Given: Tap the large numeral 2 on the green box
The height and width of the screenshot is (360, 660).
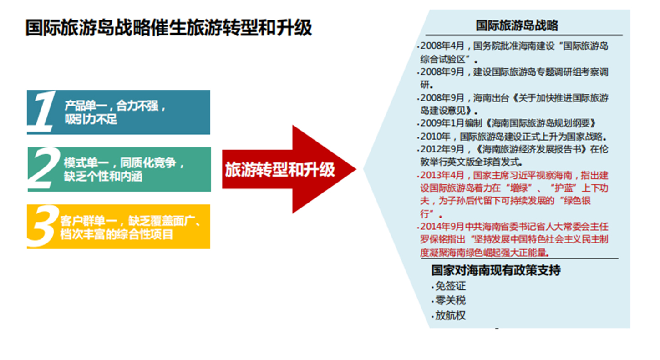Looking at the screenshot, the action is (44, 168).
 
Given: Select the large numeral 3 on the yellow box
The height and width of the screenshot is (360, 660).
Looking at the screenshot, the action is (43, 226).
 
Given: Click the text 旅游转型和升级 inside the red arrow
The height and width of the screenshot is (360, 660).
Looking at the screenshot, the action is (280, 170).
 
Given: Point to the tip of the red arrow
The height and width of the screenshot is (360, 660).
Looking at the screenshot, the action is (356, 169).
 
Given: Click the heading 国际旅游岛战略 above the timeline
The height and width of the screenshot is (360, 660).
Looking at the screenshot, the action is (517, 25).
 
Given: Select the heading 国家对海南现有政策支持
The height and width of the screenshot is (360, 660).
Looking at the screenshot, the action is (496, 270).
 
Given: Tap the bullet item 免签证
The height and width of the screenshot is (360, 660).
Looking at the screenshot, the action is (451, 286).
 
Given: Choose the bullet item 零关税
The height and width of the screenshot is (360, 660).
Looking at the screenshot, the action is (451, 300).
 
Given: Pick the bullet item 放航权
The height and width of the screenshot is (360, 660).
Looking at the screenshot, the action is (451, 315).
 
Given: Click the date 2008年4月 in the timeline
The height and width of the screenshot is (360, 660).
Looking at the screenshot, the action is (442, 46).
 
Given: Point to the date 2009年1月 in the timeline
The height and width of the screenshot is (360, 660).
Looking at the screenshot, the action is (442, 123).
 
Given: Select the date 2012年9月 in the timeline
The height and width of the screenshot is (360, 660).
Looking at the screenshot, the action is (442, 149).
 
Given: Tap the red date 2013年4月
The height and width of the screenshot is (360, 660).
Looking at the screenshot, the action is (442, 175).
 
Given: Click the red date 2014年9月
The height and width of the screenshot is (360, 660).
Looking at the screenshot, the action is (442, 227).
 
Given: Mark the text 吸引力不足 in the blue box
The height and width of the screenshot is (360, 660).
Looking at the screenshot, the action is (91, 119).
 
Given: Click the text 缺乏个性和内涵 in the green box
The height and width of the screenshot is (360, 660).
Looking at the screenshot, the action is (103, 177).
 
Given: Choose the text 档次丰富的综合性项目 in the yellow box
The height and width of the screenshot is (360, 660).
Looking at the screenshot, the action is (117, 234).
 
